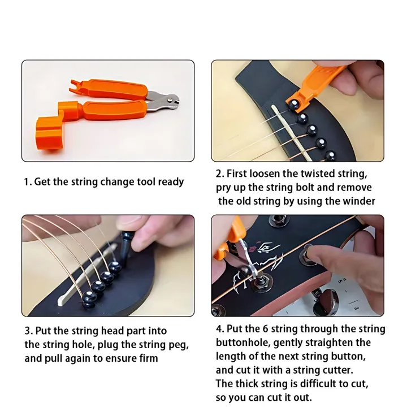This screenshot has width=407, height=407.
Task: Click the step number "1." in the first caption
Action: tap(28, 182)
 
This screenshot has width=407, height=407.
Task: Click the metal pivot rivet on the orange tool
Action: tap(171, 99)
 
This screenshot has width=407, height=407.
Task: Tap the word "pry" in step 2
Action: tap(223, 188)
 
